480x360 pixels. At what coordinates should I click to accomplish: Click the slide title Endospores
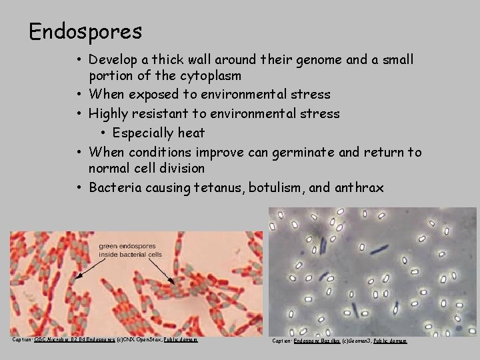[85, 31]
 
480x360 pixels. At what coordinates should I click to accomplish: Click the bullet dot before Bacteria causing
[79, 188]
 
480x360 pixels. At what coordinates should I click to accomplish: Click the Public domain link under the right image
[389, 341]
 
